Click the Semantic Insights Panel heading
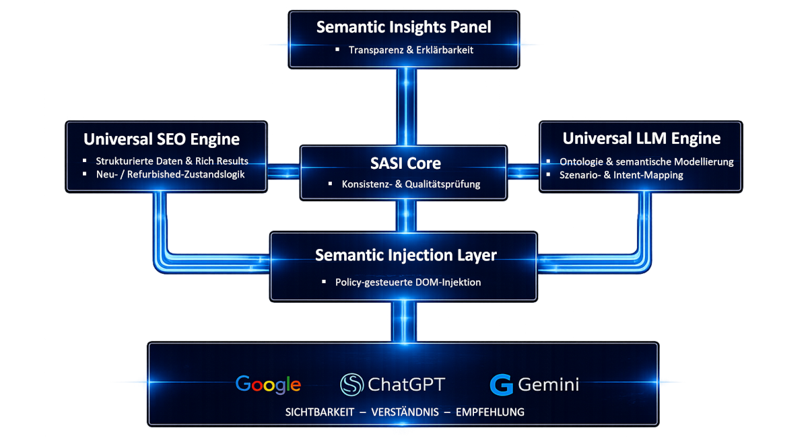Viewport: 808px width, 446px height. (x=403, y=28)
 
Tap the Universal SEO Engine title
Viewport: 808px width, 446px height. (x=162, y=139)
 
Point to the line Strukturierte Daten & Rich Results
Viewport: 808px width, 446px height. (x=172, y=161)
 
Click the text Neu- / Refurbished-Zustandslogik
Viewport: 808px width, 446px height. (x=170, y=174)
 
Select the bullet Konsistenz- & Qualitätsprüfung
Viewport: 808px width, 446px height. (x=411, y=184)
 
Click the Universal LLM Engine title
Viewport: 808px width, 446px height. (x=641, y=139)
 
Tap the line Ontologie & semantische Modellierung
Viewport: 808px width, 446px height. (x=646, y=162)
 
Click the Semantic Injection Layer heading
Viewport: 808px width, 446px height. (x=405, y=256)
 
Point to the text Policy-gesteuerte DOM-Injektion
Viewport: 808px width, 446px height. (x=408, y=283)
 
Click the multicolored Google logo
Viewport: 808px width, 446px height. (x=268, y=385)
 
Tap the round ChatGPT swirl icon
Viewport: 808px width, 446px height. (x=351, y=385)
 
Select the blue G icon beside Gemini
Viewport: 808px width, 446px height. (x=502, y=385)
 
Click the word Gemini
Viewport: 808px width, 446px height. (x=548, y=385)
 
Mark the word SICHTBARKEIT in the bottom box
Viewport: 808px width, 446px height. (x=320, y=412)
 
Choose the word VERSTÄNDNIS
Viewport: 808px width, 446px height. (x=403, y=412)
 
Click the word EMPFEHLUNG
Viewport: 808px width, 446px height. (x=490, y=412)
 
